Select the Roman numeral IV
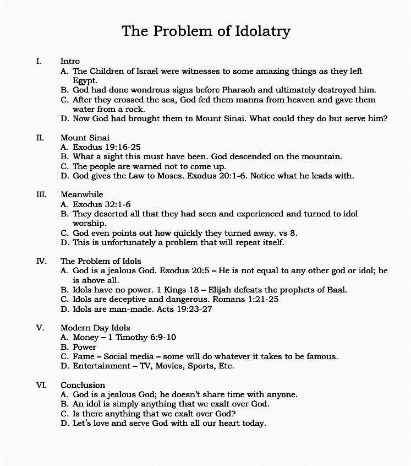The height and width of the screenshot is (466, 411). pos(41,261)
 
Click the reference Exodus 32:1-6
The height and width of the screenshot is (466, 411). pos(102,204)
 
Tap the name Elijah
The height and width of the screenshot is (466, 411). pos(233,289)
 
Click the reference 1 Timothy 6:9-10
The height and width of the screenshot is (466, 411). pos(139,337)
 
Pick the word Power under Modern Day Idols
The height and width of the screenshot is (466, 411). pos(85,347)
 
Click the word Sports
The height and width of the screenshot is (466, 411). pos(201,366)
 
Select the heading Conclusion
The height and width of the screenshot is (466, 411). pos(83,384)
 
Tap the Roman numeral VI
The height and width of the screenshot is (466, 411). pos(41,384)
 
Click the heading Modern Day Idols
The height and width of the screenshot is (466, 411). pos(95,328)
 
